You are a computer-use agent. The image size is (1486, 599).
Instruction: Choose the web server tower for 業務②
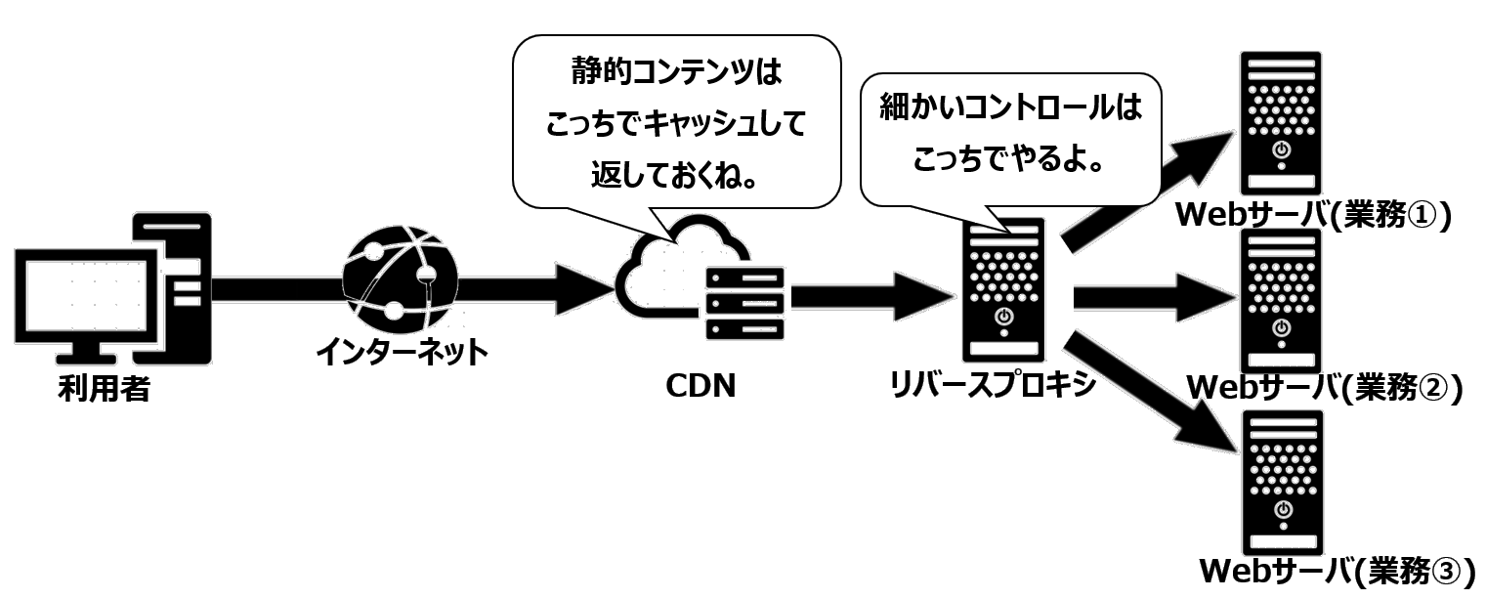tap(1282, 302)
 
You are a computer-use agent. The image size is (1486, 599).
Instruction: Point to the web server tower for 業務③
tap(1282, 484)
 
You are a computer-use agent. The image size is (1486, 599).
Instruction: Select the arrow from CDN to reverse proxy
tap(870, 291)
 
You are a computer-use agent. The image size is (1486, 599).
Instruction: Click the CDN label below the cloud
tap(698, 385)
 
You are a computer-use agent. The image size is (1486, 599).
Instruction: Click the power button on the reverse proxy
tap(1002, 316)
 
